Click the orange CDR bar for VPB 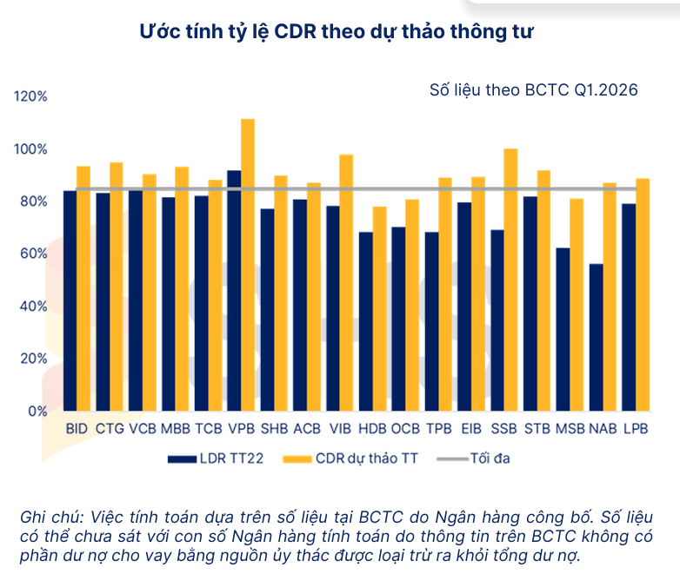coord(248,265)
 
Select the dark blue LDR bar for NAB coord(596,337)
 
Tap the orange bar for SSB coord(510,280)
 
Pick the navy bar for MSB coord(563,329)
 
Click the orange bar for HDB coord(379,309)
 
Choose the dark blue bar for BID coord(70,300)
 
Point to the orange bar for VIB coord(346,282)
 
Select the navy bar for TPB coord(431,321)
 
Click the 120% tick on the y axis coord(30,96)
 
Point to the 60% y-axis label coord(33,254)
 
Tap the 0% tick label coord(37,411)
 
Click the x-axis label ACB coord(307,428)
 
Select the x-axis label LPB coord(636,428)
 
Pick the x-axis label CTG coord(110,428)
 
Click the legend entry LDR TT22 coord(216,458)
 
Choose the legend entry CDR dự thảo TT coord(350,458)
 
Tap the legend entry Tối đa coord(473,458)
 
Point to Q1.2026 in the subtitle coord(606,90)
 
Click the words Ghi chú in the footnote coord(51,517)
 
